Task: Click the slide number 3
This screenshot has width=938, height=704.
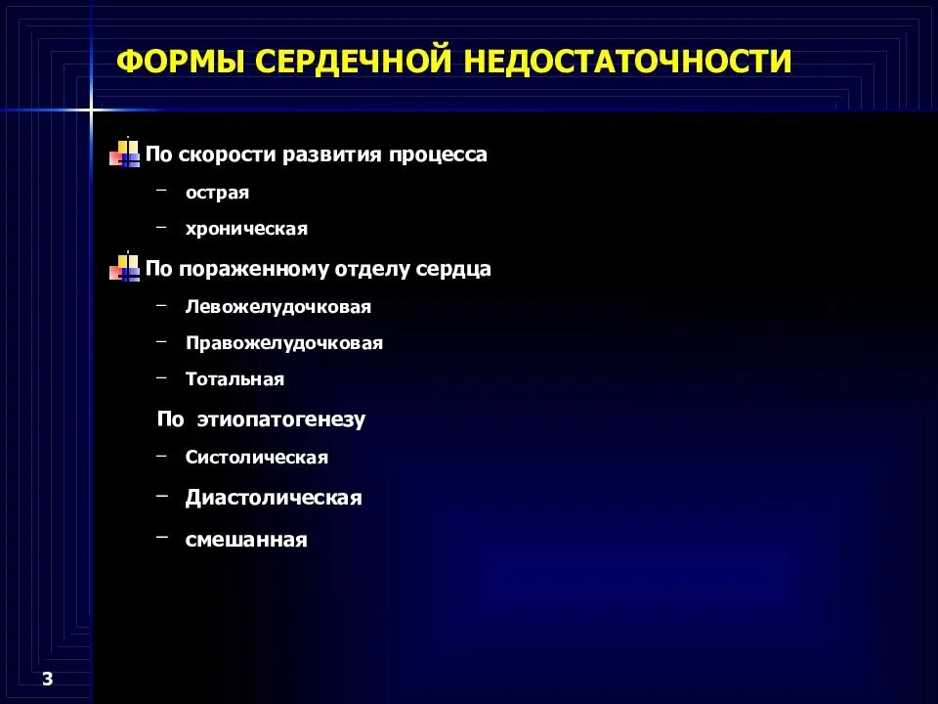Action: point(47,680)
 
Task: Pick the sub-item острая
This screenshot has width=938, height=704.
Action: point(217,193)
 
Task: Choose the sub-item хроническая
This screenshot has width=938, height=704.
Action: point(246,229)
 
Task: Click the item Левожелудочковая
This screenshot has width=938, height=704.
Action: point(278,306)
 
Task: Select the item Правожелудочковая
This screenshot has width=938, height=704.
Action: point(284,343)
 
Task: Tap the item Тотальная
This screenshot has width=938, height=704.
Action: point(234,378)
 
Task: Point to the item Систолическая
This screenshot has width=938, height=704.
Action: point(257,457)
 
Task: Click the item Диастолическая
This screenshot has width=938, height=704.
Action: point(274,498)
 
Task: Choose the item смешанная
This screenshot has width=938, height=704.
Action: point(246,539)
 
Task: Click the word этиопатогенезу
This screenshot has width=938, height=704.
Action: point(280,419)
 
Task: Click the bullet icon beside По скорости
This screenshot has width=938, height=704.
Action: point(125,154)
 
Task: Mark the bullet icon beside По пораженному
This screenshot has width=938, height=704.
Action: point(125,267)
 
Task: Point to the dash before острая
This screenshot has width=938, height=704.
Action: point(161,191)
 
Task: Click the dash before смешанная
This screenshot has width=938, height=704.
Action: point(161,536)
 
